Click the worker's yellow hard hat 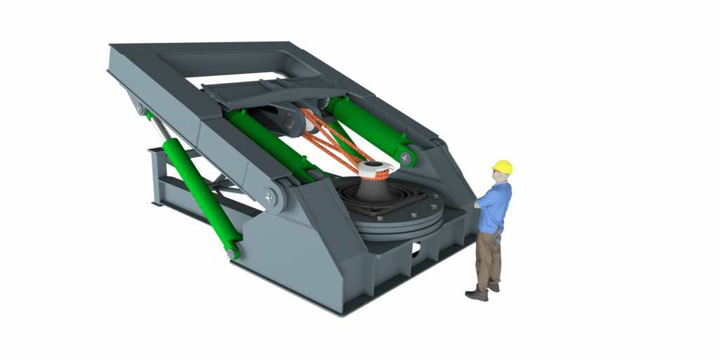[503, 167]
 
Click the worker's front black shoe [476, 295]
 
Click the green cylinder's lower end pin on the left [233, 250]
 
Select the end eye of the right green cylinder [406, 157]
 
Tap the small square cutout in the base [416, 247]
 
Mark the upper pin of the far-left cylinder [141, 110]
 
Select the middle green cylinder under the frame [267, 144]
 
